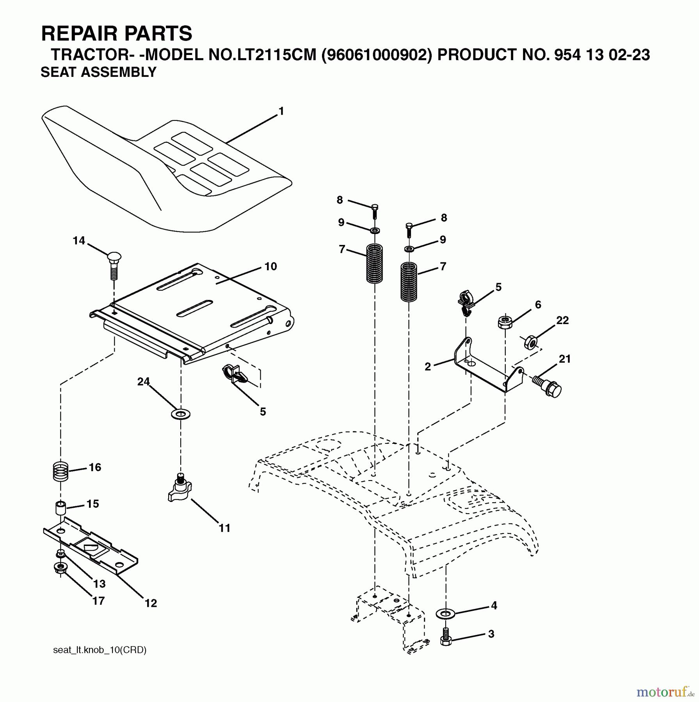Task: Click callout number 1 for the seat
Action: tap(281, 112)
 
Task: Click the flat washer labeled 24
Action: tap(180, 414)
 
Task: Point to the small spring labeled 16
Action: tap(61, 471)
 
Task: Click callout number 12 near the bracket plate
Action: tap(151, 603)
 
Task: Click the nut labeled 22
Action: tap(530, 343)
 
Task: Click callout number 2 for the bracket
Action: tap(428, 367)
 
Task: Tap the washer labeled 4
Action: tap(445, 614)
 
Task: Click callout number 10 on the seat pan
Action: tap(270, 267)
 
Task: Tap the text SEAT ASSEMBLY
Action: tap(98, 73)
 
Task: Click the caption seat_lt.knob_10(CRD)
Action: tap(100, 650)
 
